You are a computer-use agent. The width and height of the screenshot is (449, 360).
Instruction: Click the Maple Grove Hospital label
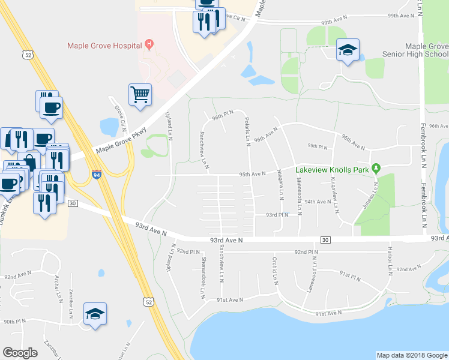104,45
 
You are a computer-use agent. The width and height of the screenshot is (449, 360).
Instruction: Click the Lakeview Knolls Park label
331,170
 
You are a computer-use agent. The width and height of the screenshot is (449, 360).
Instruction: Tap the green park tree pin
376,169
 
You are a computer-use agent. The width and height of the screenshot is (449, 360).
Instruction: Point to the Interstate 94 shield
97,175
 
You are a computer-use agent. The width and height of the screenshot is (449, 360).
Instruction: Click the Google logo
20,353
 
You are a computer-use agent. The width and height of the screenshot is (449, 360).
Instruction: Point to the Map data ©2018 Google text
412,355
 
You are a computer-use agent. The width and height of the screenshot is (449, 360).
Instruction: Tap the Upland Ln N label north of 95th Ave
169,125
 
